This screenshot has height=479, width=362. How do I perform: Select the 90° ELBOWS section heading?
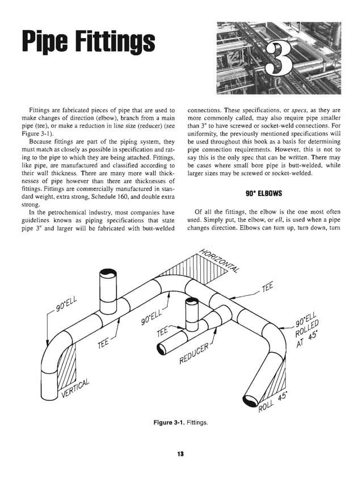tap(265, 194)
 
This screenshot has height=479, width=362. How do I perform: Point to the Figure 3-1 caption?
tap(181, 422)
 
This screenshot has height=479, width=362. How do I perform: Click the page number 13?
tap(181, 454)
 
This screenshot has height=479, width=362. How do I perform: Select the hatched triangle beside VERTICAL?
tap(68, 368)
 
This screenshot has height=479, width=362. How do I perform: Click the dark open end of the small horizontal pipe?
tap(161, 350)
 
